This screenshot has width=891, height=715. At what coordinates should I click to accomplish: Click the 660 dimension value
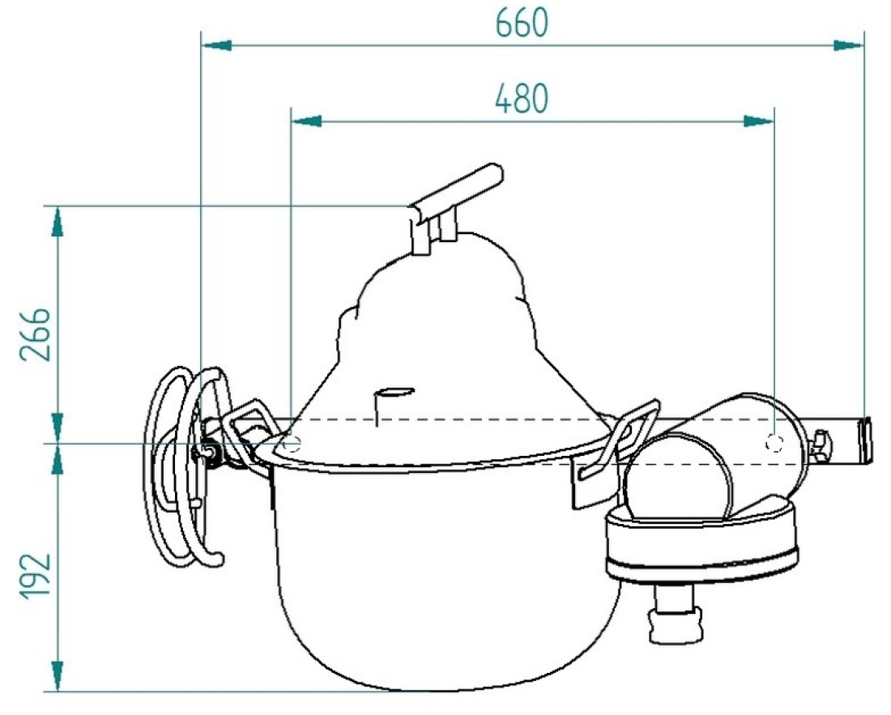coord(522,23)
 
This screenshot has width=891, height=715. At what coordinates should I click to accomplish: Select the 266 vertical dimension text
coord(35,335)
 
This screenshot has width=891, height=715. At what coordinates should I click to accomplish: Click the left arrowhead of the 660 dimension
coord(217,45)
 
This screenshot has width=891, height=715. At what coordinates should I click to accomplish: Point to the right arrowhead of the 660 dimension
coord(848,45)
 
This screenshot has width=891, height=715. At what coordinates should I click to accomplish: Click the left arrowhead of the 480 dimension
coord(306,121)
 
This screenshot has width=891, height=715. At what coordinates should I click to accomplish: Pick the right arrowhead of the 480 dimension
coord(759,121)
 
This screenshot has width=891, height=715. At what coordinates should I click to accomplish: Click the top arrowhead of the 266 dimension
coord(57,221)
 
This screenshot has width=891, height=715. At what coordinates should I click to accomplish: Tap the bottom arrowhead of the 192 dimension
coord(57,676)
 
